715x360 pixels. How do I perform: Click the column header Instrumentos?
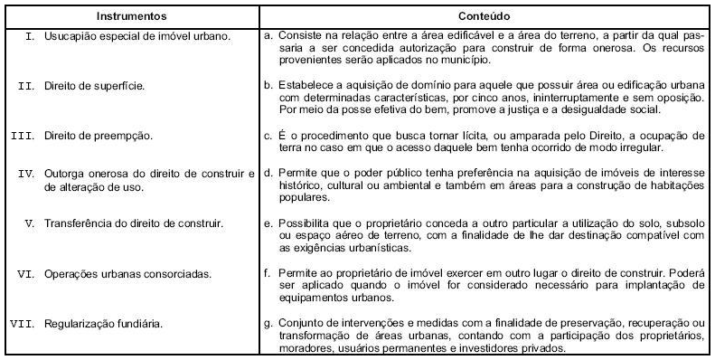[x=131, y=16]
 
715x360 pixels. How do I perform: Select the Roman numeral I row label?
[x=30, y=37]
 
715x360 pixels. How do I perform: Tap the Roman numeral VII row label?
[x=22, y=324]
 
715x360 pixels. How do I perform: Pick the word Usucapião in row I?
[x=70, y=37]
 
